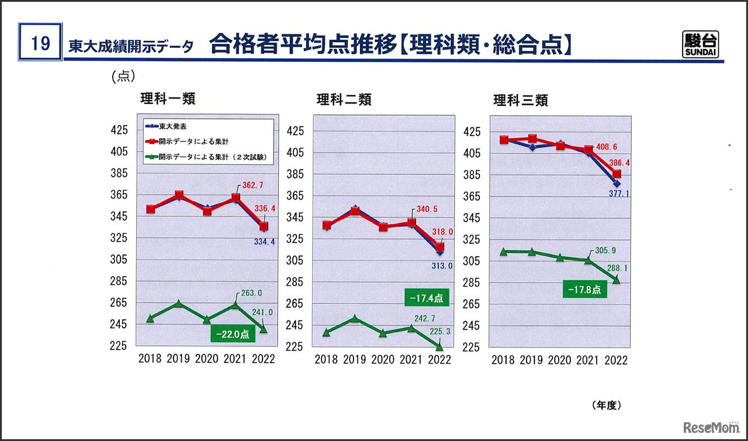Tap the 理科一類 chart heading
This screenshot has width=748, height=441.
pyautogui.click(x=168, y=99)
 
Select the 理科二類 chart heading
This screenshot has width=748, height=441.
pyautogui.click(x=344, y=99)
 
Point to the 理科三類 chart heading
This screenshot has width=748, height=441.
pyautogui.click(x=521, y=100)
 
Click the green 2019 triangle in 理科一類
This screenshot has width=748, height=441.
pyautogui.click(x=179, y=304)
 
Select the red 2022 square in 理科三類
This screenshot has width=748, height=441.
pyautogui.click(x=617, y=174)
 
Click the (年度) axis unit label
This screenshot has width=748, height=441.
pyautogui.click(x=606, y=405)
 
